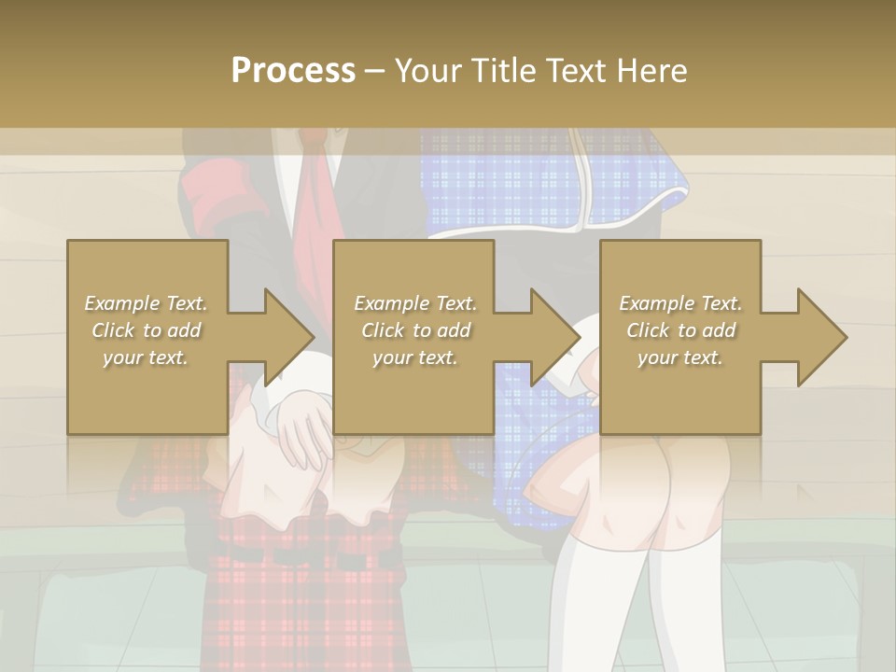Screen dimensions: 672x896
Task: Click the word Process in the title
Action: pyautogui.click(x=293, y=70)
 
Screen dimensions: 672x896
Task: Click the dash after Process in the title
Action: pyautogui.click(x=374, y=71)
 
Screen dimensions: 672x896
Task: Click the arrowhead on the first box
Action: pyautogui.click(x=287, y=337)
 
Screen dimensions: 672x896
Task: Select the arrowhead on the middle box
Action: pyautogui.click(x=553, y=337)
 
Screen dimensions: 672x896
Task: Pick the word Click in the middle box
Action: pyautogui.click(x=382, y=330)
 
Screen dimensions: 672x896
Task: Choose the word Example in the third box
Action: pyautogui.click(x=656, y=303)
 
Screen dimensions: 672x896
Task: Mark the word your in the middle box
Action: pyautogui.click(x=392, y=357)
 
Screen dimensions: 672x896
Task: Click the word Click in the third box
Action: pyautogui.click(x=647, y=330)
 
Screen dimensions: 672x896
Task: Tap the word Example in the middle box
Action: pyautogui.click(x=391, y=303)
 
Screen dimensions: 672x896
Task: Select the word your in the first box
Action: pyautogui.click(x=122, y=357)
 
